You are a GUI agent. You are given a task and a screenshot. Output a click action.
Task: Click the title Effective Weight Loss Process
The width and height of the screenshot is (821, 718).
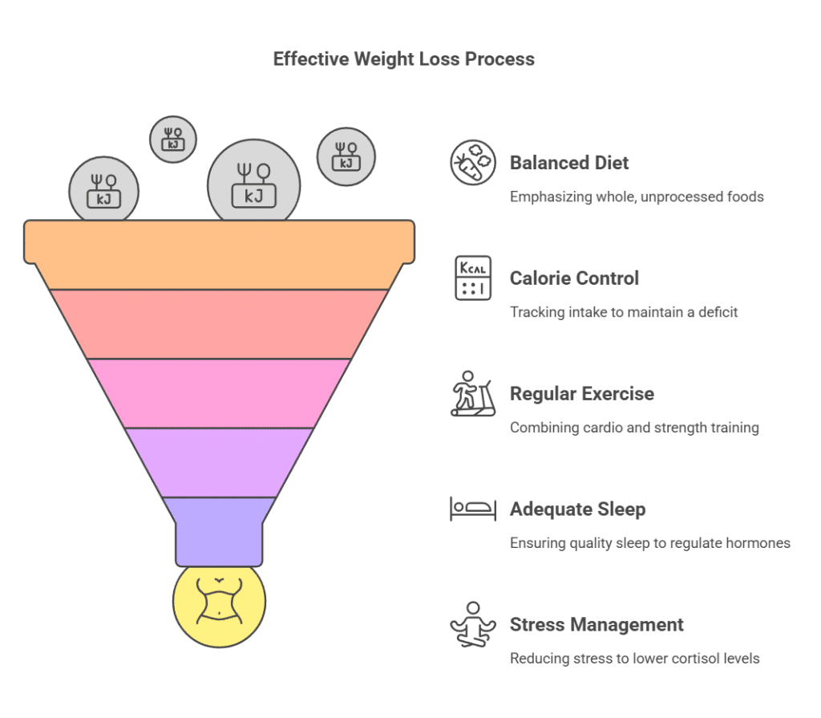[x=403, y=59]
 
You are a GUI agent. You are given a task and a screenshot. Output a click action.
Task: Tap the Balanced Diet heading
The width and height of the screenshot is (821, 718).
[x=569, y=163]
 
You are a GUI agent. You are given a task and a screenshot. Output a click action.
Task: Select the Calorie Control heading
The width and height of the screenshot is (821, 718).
[x=574, y=278]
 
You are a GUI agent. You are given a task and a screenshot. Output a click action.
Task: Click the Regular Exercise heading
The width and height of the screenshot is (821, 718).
[x=581, y=394]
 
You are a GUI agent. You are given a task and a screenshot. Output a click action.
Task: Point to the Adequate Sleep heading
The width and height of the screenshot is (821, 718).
[x=577, y=509]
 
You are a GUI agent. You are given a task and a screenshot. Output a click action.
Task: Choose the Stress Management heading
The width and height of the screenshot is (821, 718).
[x=597, y=625]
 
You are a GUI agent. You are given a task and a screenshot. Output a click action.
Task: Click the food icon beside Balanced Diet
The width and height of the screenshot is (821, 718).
[x=472, y=163]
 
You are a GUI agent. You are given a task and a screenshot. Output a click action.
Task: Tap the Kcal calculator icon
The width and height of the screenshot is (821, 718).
[x=472, y=278]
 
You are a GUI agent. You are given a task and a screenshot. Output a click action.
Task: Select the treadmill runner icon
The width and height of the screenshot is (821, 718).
[x=472, y=395]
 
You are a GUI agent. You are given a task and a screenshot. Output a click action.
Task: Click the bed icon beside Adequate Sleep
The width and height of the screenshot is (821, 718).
[x=472, y=509]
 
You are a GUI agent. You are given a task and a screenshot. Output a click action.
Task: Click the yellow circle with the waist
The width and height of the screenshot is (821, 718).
[x=219, y=601]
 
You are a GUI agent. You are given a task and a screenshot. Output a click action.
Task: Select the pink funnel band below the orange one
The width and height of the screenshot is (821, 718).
[x=219, y=323]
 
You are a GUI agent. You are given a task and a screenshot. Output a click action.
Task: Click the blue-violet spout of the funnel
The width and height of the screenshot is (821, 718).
[x=219, y=531]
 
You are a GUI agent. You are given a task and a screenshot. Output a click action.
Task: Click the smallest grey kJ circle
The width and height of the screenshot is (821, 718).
[x=173, y=139]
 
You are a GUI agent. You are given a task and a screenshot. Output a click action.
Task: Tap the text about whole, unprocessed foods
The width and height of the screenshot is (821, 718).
[x=637, y=197]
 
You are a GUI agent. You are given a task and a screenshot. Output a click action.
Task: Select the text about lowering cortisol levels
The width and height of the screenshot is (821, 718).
[x=635, y=659]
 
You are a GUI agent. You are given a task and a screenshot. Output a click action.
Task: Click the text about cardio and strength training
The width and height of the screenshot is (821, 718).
[x=634, y=428]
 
